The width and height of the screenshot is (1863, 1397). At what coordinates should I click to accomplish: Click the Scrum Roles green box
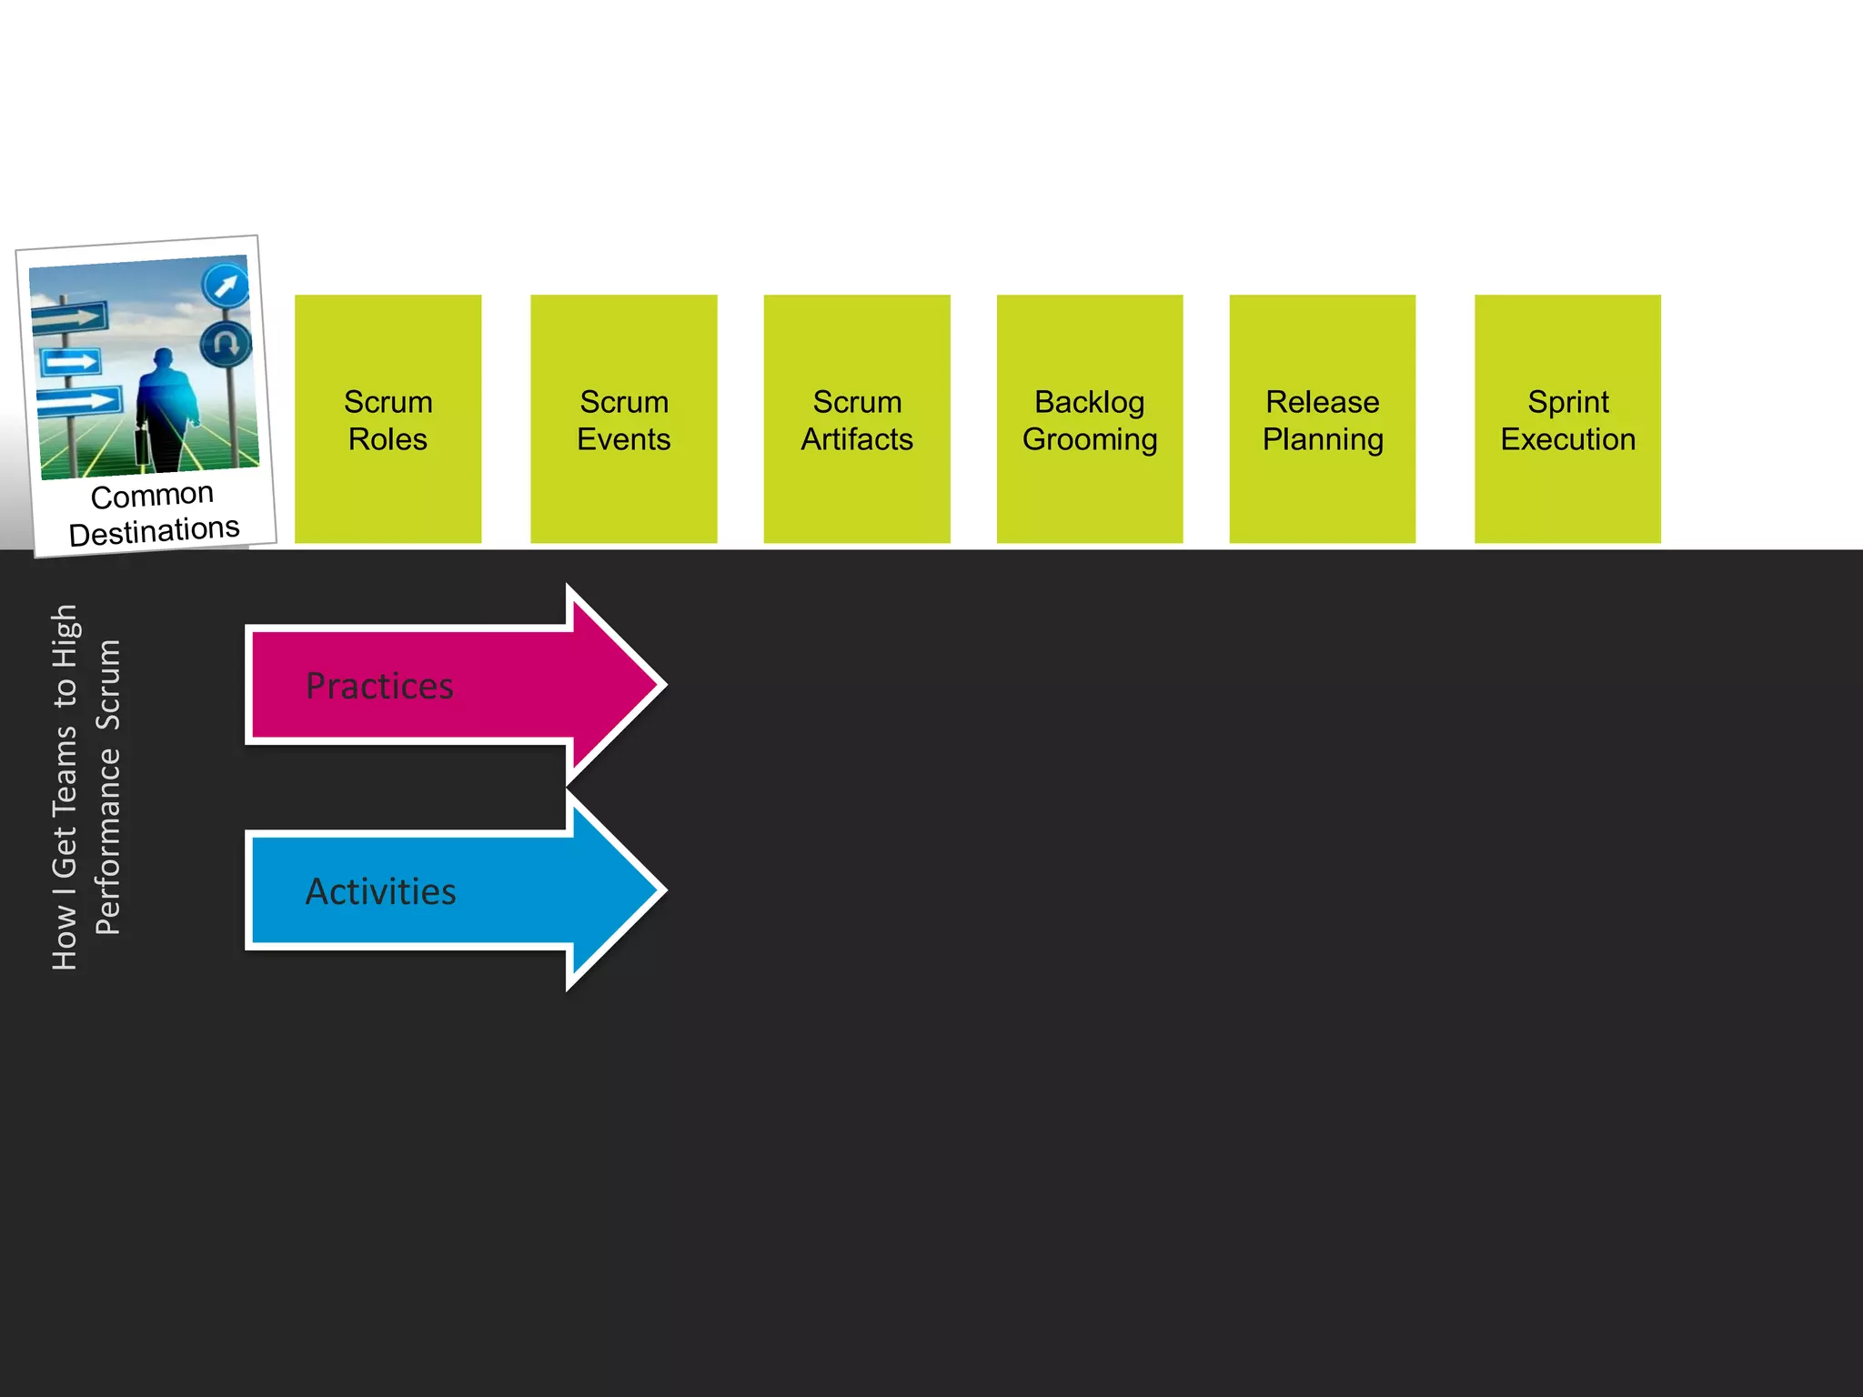click(388, 419)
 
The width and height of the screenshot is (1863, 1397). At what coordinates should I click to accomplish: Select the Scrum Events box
click(623, 419)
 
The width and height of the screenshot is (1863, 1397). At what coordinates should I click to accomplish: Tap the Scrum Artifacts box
click(856, 419)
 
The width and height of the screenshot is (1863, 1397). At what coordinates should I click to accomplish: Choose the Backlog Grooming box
click(1089, 419)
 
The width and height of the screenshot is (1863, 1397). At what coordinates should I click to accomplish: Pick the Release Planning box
click(1322, 419)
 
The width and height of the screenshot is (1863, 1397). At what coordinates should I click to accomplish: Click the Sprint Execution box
click(1566, 419)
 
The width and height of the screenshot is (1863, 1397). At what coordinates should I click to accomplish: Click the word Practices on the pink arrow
click(379, 686)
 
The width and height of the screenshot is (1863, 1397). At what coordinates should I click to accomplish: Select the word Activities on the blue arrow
click(380, 891)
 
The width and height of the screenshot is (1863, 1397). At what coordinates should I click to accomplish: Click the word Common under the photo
click(152, 497)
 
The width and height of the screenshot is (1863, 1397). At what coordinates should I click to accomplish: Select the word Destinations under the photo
click(154, 531)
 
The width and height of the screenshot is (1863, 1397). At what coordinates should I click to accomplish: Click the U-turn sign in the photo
click(226, 344)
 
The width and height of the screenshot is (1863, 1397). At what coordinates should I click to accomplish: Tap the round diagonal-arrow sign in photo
click(225, 286)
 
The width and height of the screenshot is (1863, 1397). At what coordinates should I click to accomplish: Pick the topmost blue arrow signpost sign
click(70, 317)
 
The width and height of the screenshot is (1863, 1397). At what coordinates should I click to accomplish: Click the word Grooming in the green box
click(1089, 440)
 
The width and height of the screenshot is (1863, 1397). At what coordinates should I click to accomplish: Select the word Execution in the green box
click(1566, 440)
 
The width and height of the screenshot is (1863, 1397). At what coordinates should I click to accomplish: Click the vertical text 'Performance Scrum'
click(108, 787)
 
